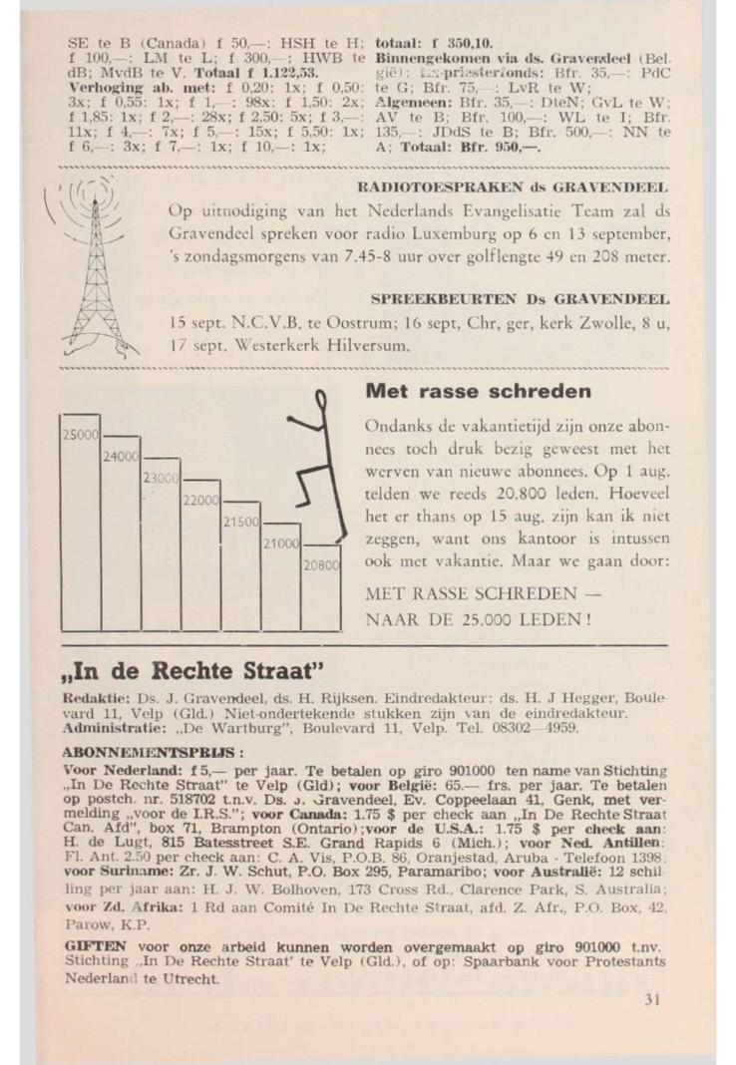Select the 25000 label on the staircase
81,435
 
